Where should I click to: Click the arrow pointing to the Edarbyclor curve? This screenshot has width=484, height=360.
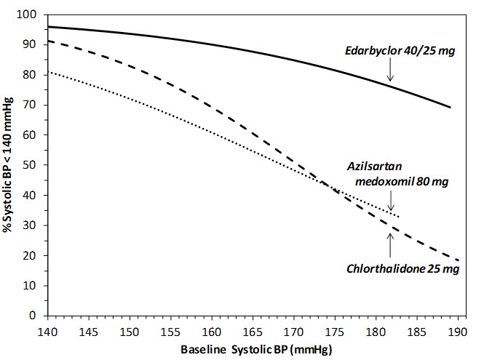pyautogui.click(x=390, y=71)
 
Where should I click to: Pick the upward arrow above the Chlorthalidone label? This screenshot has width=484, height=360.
pyautogui.click(x=390, y=246)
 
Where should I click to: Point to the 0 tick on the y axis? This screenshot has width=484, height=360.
pyautogui.click(x=34, y=316)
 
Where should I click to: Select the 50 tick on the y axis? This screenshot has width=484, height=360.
pyautogui.click(x=32, y=165)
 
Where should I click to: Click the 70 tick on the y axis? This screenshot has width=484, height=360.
pyautogui.click(x=32, y=105)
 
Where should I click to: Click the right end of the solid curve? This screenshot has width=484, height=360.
pyautogui.click(x=451, y=108)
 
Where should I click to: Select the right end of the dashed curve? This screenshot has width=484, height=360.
pyautogui.click(x=459, y=260)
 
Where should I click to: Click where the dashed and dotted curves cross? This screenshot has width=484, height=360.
pyautogui.click(x=333, y=191)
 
